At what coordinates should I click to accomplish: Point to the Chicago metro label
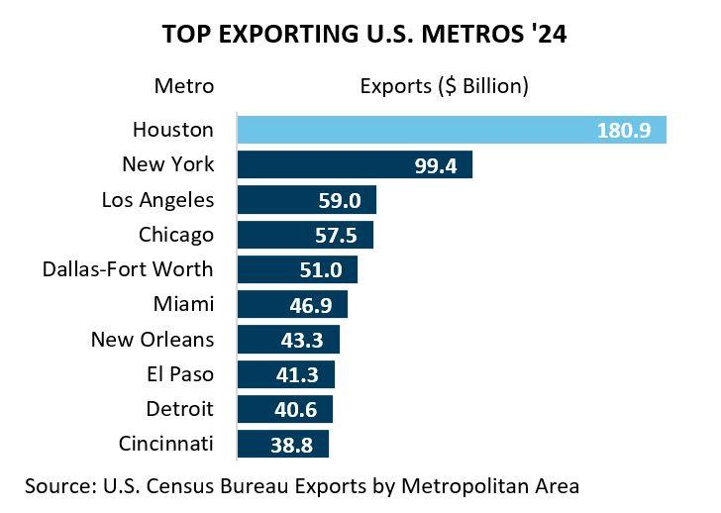coord(176,235)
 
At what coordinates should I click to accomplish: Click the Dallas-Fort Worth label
coord(128,269)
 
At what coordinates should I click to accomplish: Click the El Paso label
coord(179,374)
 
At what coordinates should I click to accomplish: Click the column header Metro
coord(184,86)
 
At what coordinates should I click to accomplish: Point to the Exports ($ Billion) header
coord(444,86)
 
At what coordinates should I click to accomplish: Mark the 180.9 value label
coord(624,131)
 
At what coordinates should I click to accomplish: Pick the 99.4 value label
coord(436,165)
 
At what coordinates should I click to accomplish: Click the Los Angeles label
coord(157,199)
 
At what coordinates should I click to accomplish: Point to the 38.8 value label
coord(292,446)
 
